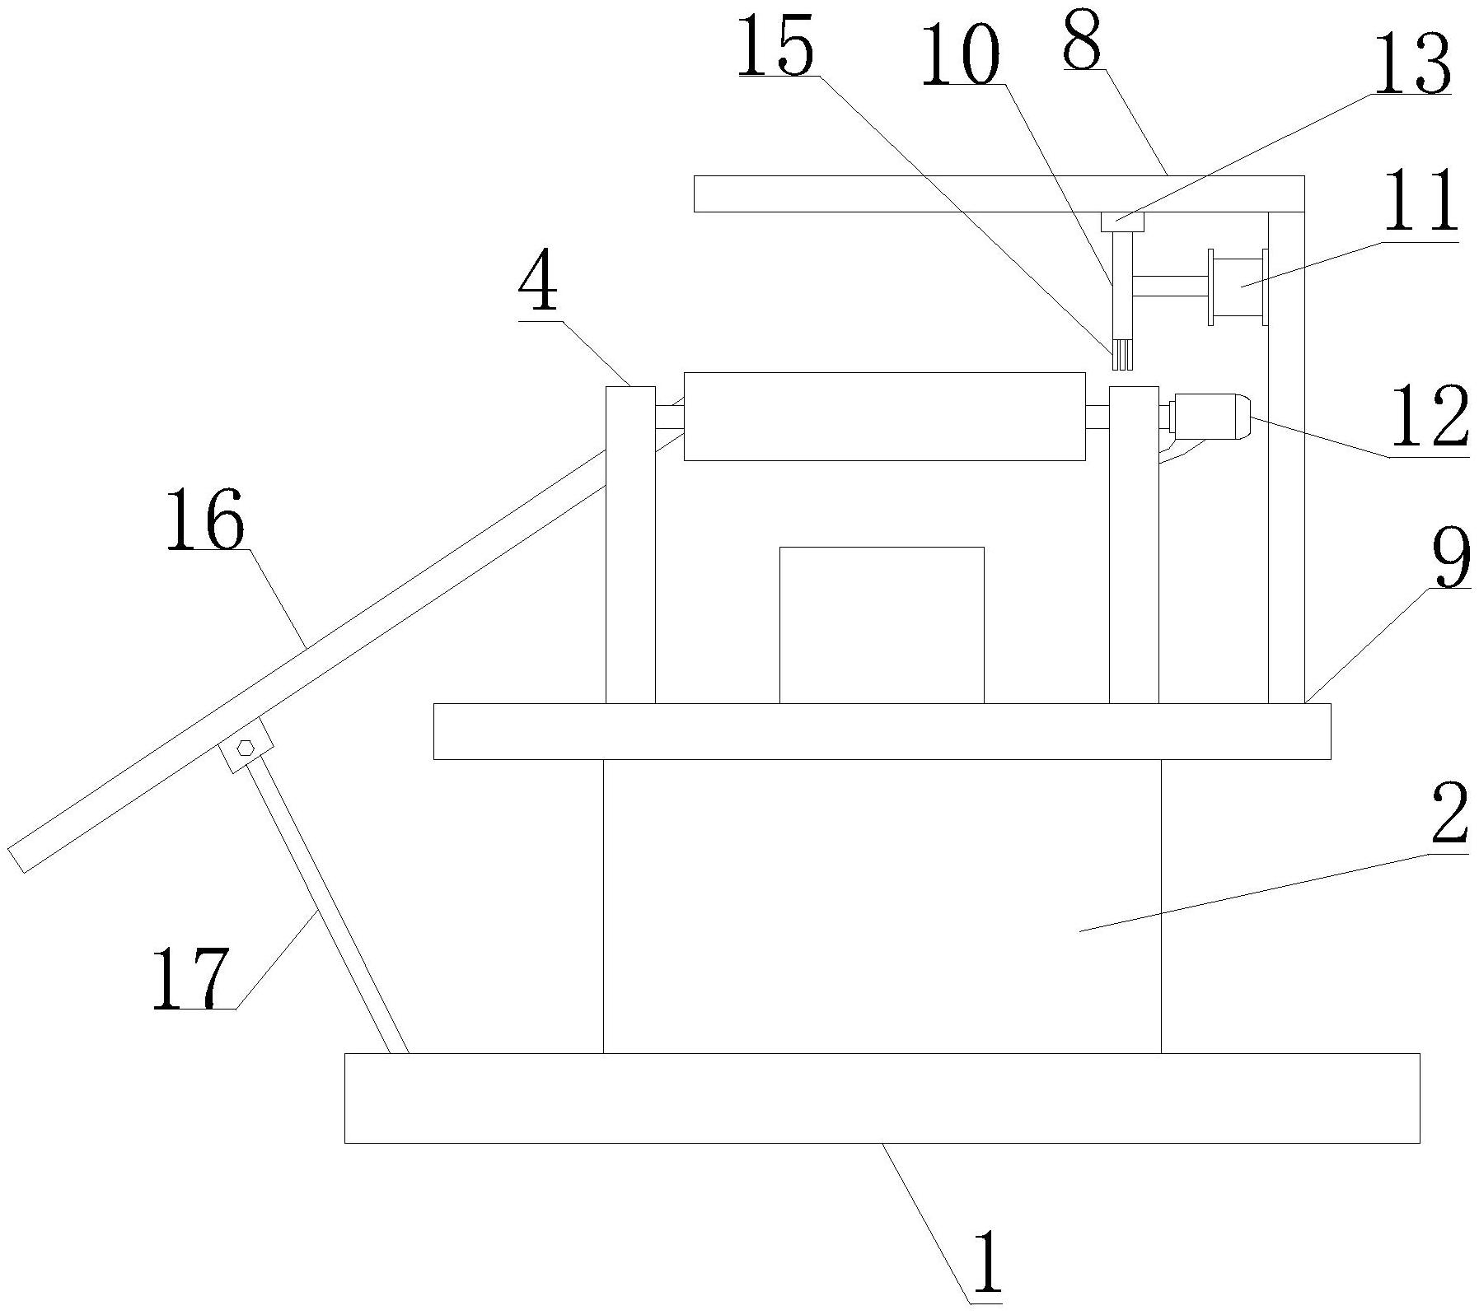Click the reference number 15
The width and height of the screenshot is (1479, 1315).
coord(775,47)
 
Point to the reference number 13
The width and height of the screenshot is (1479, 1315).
coord(1410,66)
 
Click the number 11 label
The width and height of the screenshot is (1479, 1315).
coord(1419,203)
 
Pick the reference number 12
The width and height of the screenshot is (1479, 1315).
coord(1429,418)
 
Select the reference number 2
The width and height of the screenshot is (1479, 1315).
coord(1449,814)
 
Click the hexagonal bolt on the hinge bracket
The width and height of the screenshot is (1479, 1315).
coord(245,748)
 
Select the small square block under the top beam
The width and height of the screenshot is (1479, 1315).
coord(1122,222)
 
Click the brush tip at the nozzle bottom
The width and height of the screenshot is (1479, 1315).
coord(1121,357)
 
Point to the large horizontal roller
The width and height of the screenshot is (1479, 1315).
coord(883,416)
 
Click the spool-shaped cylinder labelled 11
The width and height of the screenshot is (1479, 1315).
coord(1237,287)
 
